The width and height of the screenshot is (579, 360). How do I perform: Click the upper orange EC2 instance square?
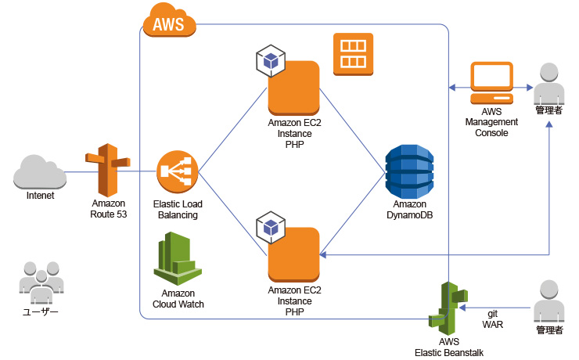click(294, 88)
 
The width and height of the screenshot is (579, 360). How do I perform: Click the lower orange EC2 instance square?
click(294, 254)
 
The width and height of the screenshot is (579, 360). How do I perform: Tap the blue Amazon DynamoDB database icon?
click(408, 171)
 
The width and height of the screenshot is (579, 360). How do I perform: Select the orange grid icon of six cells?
click(353, 54)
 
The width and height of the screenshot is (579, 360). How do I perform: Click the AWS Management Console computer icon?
click(491, 85)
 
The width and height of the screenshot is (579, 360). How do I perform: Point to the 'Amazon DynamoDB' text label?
click(408, 209)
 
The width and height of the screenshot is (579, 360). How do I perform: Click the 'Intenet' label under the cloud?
click(40, 196)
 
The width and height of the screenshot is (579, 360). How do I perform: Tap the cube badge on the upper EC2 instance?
click(271, 59)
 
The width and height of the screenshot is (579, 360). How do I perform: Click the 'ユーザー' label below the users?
click(40, 311)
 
